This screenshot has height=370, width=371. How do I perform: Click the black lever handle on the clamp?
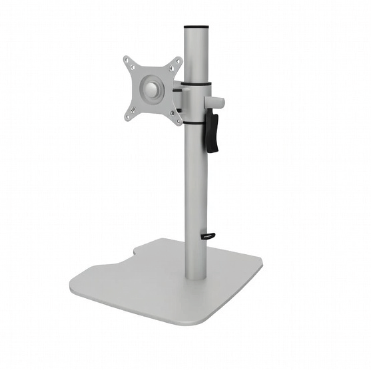212,132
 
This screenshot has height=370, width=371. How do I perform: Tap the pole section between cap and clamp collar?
197,57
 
